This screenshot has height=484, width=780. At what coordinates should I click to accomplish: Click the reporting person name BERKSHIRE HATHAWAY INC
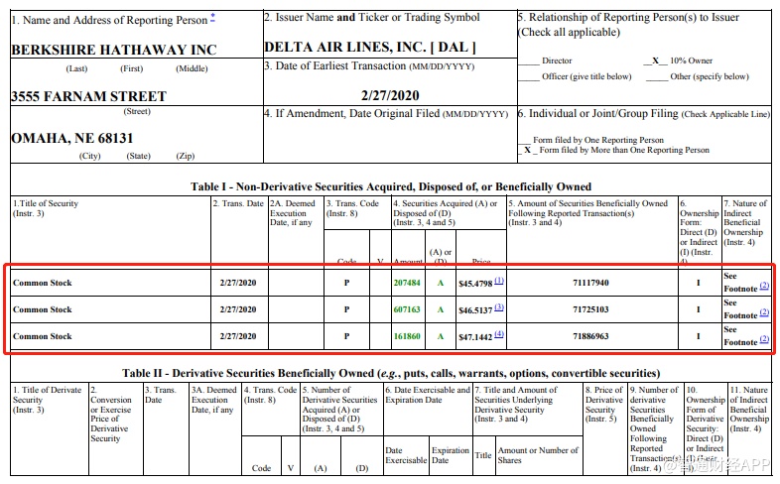113,49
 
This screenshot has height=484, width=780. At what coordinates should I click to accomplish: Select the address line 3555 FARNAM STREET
88,96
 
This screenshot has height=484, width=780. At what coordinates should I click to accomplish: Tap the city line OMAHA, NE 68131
71,139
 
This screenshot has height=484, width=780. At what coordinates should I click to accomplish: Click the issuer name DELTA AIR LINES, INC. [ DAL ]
370,47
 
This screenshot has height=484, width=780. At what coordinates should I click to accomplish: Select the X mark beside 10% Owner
654,60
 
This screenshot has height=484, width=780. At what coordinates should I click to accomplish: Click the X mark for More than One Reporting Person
528,150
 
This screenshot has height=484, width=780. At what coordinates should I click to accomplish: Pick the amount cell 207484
407,283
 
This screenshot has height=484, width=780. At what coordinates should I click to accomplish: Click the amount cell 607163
407,309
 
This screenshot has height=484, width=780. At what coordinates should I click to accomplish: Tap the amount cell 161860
407,336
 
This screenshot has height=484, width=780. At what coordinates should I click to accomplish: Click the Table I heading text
391,186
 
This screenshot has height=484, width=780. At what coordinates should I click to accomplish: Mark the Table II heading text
391,373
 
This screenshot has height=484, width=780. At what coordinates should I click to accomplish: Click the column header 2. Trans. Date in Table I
238,203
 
